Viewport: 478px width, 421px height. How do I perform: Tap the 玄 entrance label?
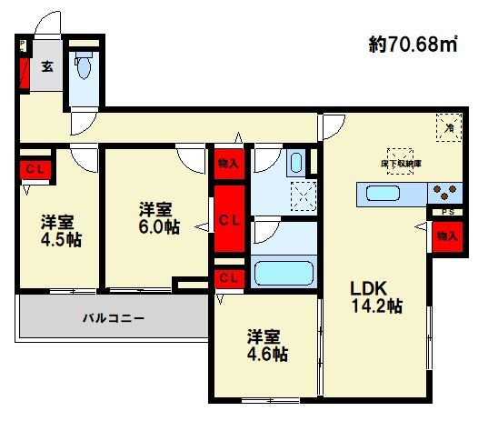pos(45,65)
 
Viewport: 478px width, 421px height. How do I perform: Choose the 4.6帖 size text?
pos(266,355)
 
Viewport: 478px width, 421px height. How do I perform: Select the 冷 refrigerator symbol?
pos(448,129)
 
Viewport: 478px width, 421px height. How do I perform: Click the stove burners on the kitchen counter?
pos(444,192)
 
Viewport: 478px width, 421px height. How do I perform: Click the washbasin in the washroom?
pos(296,165)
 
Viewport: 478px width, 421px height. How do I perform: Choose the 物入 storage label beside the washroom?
pos(228,165)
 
